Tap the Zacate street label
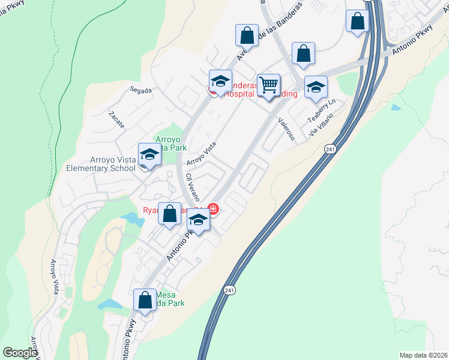(116, 120)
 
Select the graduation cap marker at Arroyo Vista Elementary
(149, 155)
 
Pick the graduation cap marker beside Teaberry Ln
(316, 88)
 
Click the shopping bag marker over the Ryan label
(170, 214)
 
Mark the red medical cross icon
(212, 209)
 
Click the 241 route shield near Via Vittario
(330, 148)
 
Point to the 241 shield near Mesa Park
(230, 290)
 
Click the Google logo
(20, 353)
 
